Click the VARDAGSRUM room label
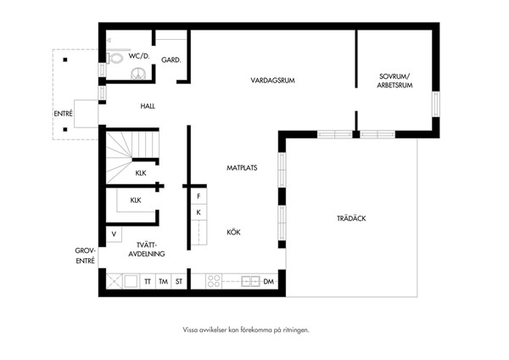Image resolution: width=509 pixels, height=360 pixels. (272, 81)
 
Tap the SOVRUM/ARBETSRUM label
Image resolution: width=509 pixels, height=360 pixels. (394, 81)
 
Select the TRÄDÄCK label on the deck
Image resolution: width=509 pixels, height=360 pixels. (351, 218)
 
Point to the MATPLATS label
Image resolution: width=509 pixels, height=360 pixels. (242, 167)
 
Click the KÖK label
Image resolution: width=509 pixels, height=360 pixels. (234, 232)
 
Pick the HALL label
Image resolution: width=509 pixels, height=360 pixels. (148, 106)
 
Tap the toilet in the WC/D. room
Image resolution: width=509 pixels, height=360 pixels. (115, 59)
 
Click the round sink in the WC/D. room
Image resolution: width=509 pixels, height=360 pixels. (139, 73)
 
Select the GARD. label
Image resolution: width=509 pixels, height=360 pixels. (171, 59)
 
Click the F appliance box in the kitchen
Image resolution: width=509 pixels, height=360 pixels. (199, 196)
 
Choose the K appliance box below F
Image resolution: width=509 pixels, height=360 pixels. (199, 212)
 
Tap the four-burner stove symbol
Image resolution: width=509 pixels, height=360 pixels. (214, 281)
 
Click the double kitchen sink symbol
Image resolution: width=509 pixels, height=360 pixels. (250, 281)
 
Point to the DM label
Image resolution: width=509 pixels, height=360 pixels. (268, 281)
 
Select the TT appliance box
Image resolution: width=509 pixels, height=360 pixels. (148, 281)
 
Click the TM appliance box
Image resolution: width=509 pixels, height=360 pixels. (163, 281)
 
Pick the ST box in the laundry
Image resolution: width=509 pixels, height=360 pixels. (179, 281)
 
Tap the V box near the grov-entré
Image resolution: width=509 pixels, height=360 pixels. (114, 234)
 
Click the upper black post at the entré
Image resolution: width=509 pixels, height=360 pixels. (65, 59)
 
